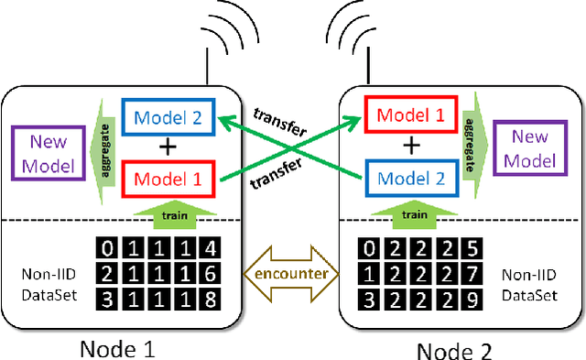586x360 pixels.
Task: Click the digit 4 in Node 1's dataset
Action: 210,248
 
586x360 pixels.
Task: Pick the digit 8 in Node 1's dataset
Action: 210,300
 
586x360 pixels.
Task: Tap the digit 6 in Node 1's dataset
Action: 210,274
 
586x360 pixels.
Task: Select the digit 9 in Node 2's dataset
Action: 471,300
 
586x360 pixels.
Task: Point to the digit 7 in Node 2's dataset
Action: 471,274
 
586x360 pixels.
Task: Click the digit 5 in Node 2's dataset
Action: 471,248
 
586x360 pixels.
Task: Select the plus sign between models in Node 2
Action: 413,147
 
